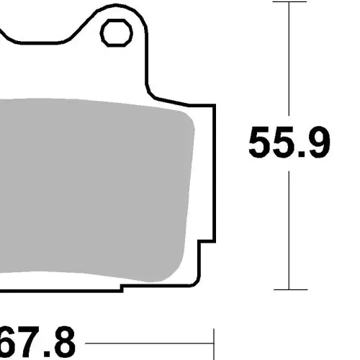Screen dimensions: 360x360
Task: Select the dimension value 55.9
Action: coord(289,142)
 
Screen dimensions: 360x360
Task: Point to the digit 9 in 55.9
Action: coord(318,142)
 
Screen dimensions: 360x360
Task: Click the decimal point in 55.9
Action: coord(301,153)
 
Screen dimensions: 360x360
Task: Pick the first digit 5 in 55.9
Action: coord(260,142)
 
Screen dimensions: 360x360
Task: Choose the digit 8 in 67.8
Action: coord(63,342)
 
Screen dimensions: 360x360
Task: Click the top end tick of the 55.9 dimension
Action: coord(289,1)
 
